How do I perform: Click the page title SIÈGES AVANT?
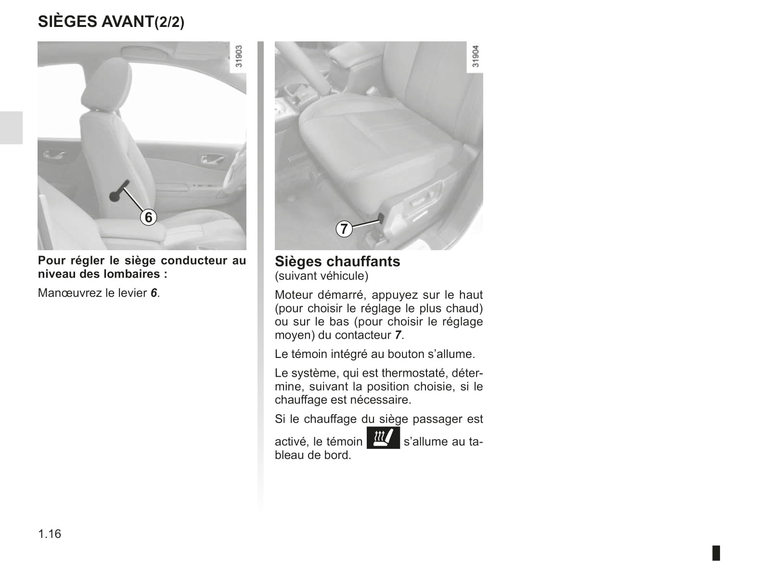click(x=96, y=22)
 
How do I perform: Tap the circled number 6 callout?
click(x=148, y=217)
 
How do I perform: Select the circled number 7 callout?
click(x=344, y=229)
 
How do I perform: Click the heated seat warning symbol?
click(x=383, y=438)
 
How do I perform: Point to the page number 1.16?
click(x=50, y=534)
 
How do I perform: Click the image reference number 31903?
click(x=239, y=56)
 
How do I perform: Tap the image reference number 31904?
click(x=475, y=56)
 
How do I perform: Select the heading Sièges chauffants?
click(x=337, y=261)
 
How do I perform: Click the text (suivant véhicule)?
click(x=321, y=276)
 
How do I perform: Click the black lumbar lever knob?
click(x=115, y=196)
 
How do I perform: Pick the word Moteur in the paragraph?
click(x=294, y=294)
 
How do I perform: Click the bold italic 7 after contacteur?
click(x=398, y=335)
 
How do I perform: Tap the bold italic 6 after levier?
click(x=154, y=293)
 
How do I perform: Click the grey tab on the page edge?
click(x=11, y=128)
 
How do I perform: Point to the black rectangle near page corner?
click(x=716, y=553)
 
